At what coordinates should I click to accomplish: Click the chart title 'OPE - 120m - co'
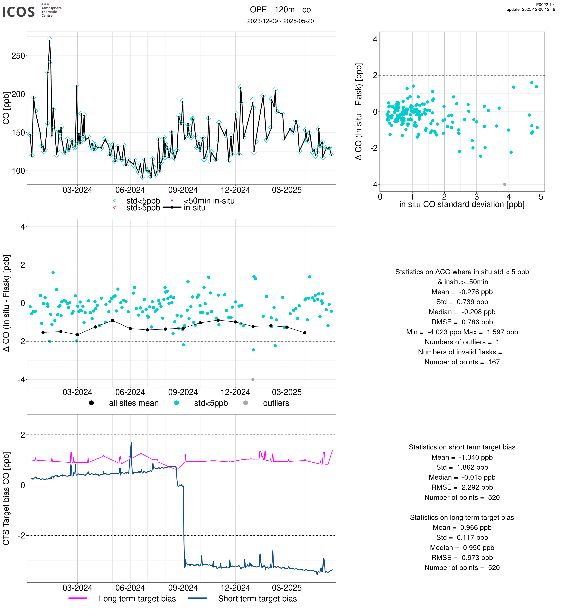(280, 10)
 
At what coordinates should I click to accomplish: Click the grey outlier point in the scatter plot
(505, 184)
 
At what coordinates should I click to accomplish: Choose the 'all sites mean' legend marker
(91, 403)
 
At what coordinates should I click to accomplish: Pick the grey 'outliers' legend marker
(246, 403)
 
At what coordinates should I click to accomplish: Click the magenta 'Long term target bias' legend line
(78, 598)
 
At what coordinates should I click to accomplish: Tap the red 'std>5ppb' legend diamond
(115, 208)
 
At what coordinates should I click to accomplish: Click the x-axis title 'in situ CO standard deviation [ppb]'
(462, 204)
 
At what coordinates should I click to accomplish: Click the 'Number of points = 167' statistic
(462, 362)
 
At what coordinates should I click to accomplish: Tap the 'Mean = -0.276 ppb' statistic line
(462, 292)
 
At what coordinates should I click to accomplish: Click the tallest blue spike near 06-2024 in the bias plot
(131, 443)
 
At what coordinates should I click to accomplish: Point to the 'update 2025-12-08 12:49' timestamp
(531, 9)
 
